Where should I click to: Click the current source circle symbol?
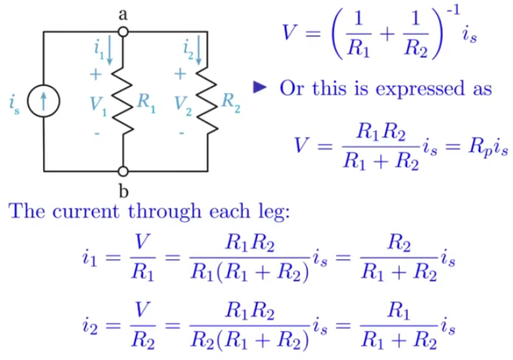(x=43, y=101)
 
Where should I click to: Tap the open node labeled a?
(x=123, y=32)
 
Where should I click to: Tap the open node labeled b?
(x=123, y=171)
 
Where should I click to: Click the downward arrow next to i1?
(x=110, y=50)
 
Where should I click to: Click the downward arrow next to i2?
(x=198, y=50)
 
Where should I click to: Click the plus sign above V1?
(x=96, y=75)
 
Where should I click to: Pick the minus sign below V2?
(x=182, y=133)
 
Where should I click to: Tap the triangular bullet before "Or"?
(x=260, y=87)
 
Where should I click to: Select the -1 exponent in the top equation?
(x=453, y=10)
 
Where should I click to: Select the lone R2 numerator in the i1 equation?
(x=398, y=243)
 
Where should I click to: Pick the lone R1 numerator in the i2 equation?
(x=398, y=311)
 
